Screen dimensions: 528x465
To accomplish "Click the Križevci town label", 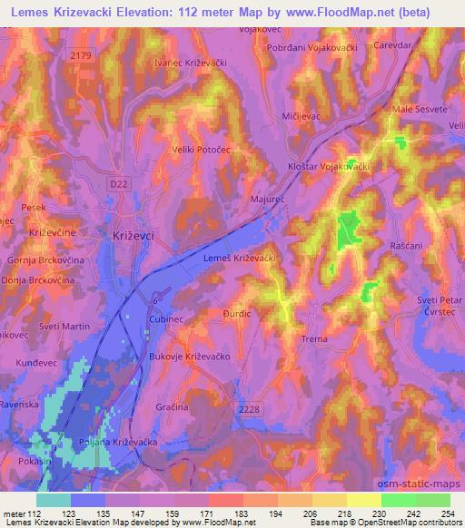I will point(134,235).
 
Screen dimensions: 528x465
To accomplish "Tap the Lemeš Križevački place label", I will point(234,259).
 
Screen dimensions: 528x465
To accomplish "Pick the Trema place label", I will point(312,339).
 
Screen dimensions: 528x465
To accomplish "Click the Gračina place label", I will point(172,408).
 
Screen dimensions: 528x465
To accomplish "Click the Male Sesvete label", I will point(418,109).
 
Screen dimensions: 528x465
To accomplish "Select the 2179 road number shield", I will point(81,55).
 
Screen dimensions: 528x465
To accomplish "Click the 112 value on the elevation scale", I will point(36,515).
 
